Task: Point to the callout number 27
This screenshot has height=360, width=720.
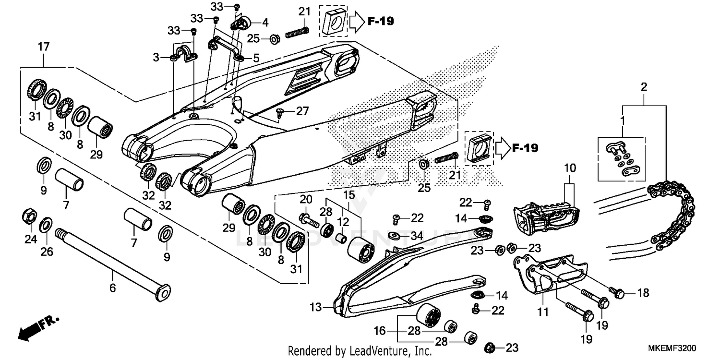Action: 302,111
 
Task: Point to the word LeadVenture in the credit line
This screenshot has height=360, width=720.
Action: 380,351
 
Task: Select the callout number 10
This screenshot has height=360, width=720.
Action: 569,168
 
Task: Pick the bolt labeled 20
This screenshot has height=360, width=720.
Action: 309,221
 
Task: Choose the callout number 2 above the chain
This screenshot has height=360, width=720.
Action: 644,87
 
